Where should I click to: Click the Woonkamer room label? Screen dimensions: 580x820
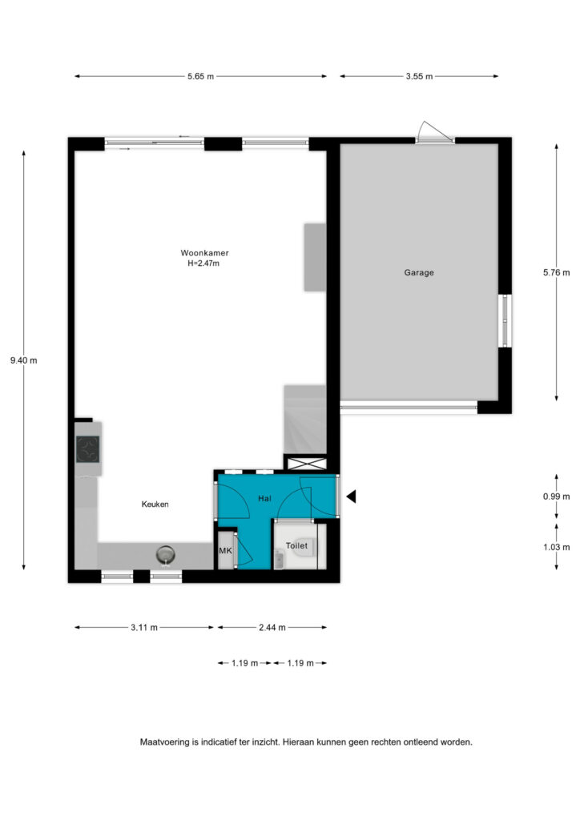[204, 253]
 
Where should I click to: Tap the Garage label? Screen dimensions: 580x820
[419, 272]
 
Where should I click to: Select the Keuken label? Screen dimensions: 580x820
[155, 504]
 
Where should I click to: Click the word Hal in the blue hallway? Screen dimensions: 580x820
[264, 498]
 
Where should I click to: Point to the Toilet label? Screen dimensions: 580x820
[296, 545]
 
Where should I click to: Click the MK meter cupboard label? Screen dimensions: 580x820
[225, 551]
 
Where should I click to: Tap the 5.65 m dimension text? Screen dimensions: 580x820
[201, 76]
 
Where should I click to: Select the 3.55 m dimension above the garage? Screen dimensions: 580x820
[420, 76]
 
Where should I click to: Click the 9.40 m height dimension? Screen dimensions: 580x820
[23, 360]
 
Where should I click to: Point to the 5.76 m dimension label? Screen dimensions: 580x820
[557, 272]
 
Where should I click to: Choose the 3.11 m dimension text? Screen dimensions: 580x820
[144, 628]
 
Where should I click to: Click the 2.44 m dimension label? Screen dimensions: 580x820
[272, 628]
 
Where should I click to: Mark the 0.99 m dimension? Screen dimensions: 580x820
[557, 496]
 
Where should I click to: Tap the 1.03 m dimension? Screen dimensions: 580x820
[557, 547]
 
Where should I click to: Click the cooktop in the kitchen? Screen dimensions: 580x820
[87, 449]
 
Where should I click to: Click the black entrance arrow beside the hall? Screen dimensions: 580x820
[352, 496]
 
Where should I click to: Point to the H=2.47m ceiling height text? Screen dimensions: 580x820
[203, 263]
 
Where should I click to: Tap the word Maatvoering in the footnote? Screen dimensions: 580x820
[165, 742]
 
